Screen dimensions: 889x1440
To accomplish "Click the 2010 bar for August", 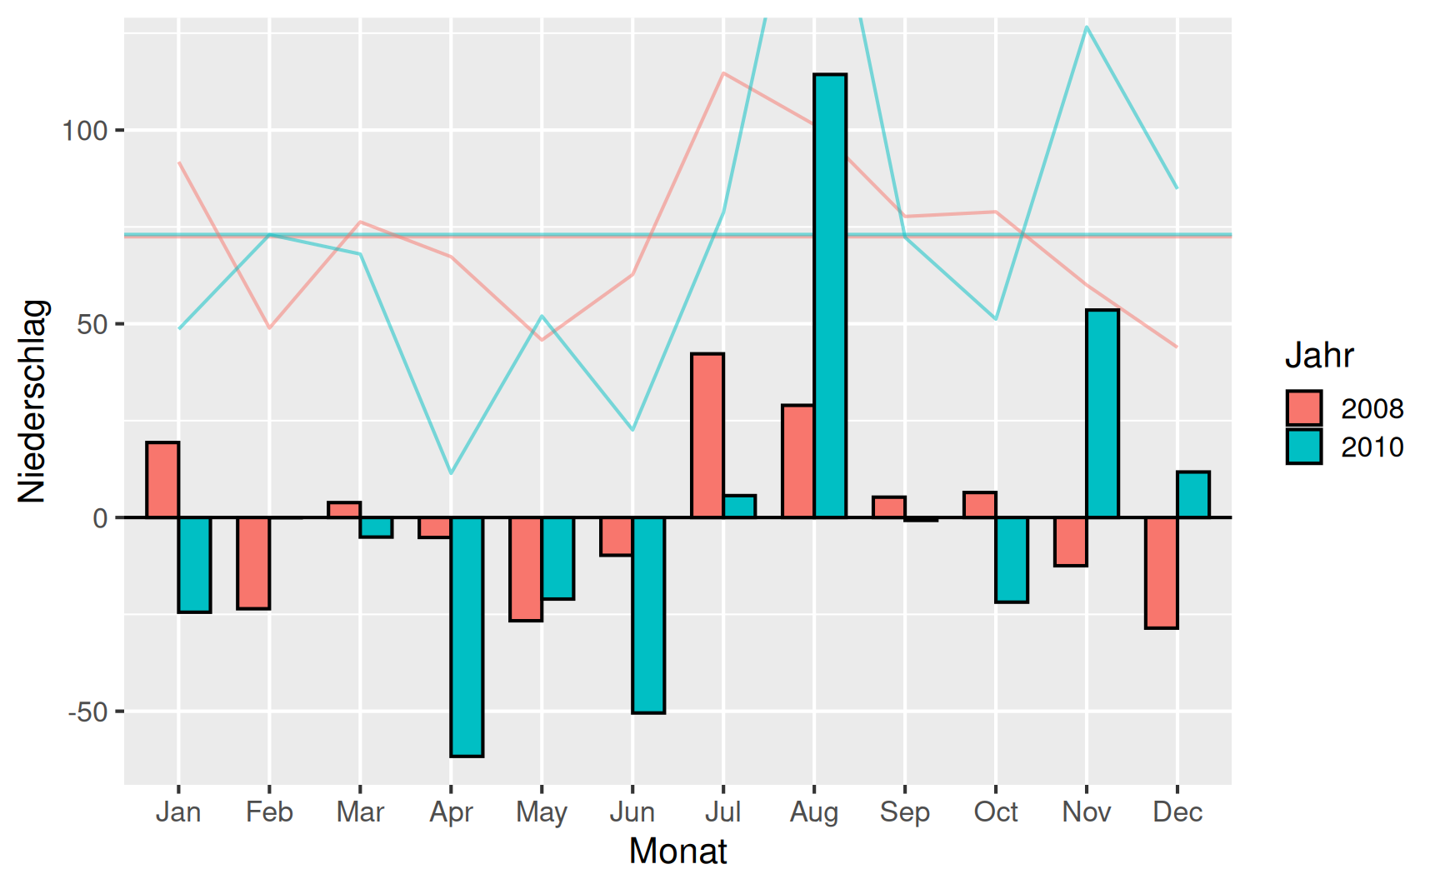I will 830,296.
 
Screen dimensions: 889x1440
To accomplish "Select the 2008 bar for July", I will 707,435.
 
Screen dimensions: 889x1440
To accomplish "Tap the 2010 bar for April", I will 467,637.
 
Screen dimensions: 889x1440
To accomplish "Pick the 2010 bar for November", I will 1102,413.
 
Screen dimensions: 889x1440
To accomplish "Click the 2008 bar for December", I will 1161,572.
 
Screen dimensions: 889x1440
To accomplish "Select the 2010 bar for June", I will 648,615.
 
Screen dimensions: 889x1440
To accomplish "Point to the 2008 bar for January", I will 162,480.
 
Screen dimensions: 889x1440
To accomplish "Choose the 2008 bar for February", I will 253,563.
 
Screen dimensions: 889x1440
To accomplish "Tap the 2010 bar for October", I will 1012,559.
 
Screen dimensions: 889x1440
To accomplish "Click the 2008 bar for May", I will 526,569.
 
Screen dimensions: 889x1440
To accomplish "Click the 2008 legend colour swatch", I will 1303,408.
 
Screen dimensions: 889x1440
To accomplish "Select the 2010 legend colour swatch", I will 1303,447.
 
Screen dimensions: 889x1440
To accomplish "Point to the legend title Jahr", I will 1318,356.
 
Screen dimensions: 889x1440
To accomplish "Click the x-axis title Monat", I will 677,852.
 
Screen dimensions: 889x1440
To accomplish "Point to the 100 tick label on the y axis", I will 85,131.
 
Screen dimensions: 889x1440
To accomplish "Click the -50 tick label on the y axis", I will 88,712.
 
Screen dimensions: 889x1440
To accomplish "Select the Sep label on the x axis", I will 904,812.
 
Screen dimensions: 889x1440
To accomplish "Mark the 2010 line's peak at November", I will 1087,27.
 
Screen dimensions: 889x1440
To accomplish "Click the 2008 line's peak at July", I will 723,73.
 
